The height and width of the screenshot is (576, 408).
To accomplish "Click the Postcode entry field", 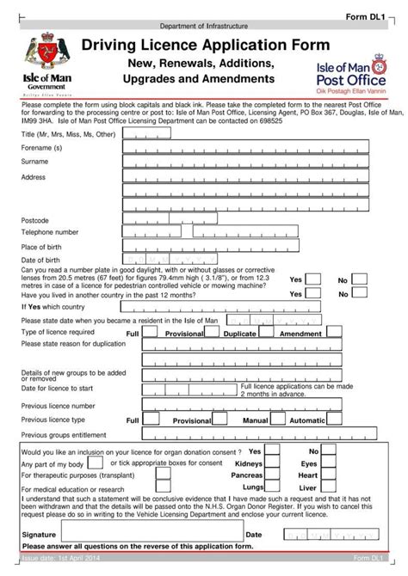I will pyautogui.click(x=171, y=220).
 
